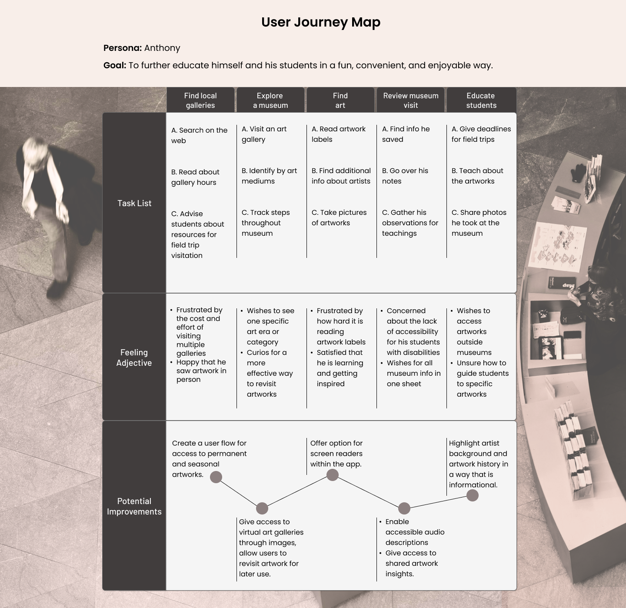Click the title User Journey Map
[x=321, y=23]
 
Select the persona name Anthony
[x=162, y=48]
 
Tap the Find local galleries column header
[x=200, y=100]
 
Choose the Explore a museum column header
[x=270, y=100]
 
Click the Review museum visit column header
[x=410, y=100]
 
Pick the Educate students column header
[x=481, y=100]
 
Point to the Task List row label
[x=134, y=203]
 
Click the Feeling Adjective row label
[x=134, y=357]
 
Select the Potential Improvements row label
[x=134, y=506]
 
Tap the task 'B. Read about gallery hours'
[x=195, y=177]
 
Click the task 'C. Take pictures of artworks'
[x=339, y=217]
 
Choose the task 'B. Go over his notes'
[x=405, y=176]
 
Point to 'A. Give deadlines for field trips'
[x=481, y=134]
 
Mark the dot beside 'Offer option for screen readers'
[x=332, y=475]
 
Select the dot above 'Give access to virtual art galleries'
[x=262, y=508]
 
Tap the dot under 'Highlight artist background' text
[x=472, y=495]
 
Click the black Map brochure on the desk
[x=562, y=283]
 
